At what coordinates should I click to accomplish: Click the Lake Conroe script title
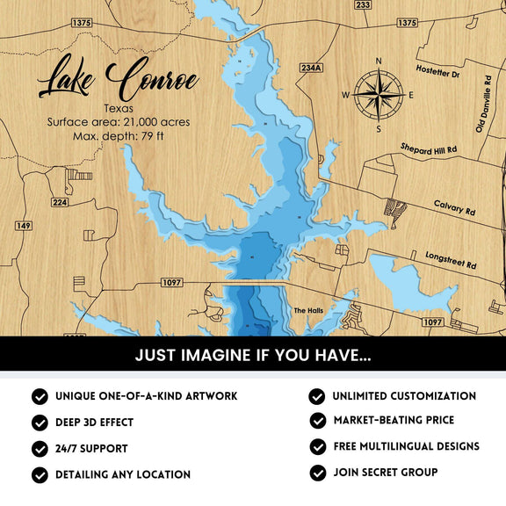point(118,79)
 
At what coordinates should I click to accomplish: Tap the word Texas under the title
point(118,108)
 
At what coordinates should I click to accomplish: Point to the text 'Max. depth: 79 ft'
point(118,136)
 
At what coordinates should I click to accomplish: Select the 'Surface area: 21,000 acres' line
point(118,122)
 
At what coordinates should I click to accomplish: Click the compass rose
point(379,94)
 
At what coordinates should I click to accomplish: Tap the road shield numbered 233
point(362,5)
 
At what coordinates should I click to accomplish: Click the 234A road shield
point(312,68)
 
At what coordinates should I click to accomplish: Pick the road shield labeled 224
point(60,202)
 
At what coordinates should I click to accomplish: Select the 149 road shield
point(24,226)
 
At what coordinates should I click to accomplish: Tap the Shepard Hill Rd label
point(429,149)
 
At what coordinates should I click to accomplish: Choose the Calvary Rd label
point(453,208)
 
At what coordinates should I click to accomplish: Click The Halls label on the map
point(308,311)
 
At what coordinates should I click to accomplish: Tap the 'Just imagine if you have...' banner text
point(253,357)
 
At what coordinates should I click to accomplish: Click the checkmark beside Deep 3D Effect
point(40,423)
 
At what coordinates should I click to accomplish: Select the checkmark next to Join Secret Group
point(317,473)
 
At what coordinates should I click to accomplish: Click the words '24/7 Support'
point(91,448)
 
